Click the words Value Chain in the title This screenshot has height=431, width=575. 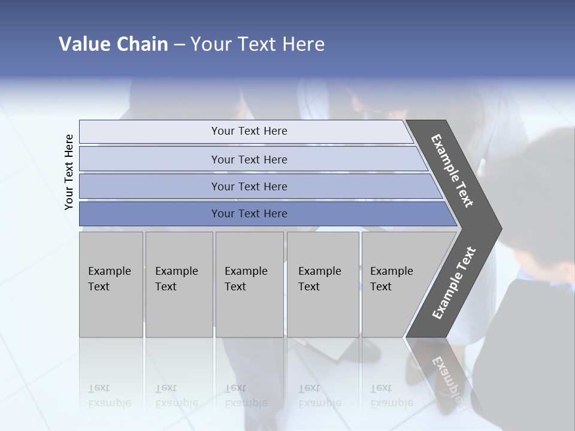tap(113, 44)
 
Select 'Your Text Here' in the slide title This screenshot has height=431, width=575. tap(257, 44)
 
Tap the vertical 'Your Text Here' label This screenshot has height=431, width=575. tap(69, 172)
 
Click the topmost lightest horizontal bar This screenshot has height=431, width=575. tap(249, 131)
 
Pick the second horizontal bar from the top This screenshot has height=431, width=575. tap(249, 159)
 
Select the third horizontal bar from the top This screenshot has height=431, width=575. tap(249, 186)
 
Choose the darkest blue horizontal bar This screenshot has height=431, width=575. tap(249, 214)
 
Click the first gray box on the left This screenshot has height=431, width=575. tap(111, 284)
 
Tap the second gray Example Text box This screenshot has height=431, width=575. tap(178, 284)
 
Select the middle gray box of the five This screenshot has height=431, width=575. tap(249, 284)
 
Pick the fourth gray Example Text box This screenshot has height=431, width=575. tap(323, 284)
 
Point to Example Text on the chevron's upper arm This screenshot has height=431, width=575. tap(453, 171)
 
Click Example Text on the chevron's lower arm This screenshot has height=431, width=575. tap(453, 283)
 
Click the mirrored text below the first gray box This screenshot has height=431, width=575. tap(109, 396)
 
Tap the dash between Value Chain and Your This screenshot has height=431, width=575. tap(179, 45)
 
